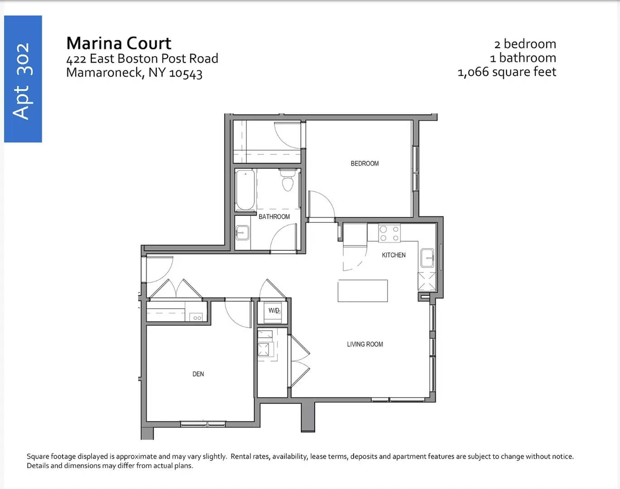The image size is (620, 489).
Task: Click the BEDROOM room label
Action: coord(365,163)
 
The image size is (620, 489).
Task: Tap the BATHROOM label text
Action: coord(274,217)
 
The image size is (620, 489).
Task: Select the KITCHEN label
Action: coord(394,255)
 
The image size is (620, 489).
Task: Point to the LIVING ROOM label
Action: coord(365,344)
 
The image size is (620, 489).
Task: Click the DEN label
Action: coord(198,374)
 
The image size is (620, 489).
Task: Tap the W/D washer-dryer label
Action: coord(274,310)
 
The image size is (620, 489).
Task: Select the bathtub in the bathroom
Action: coord(245,190)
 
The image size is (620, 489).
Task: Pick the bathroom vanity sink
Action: coord(242,233)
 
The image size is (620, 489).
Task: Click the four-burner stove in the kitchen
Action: coord(389,233)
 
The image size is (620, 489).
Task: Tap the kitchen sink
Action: coord(427,258)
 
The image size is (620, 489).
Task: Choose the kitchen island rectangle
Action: coord(363,291)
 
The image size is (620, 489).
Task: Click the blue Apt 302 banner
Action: coord(23,79)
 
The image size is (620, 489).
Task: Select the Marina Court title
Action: coord(119,43)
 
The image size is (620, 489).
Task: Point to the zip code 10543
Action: coord(186,73)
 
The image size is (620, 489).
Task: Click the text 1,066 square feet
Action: coord(507,72)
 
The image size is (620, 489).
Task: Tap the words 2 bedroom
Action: coord(525,44)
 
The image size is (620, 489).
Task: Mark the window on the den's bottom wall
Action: coord(203,424)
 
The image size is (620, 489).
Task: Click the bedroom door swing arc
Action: coord(326,199)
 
